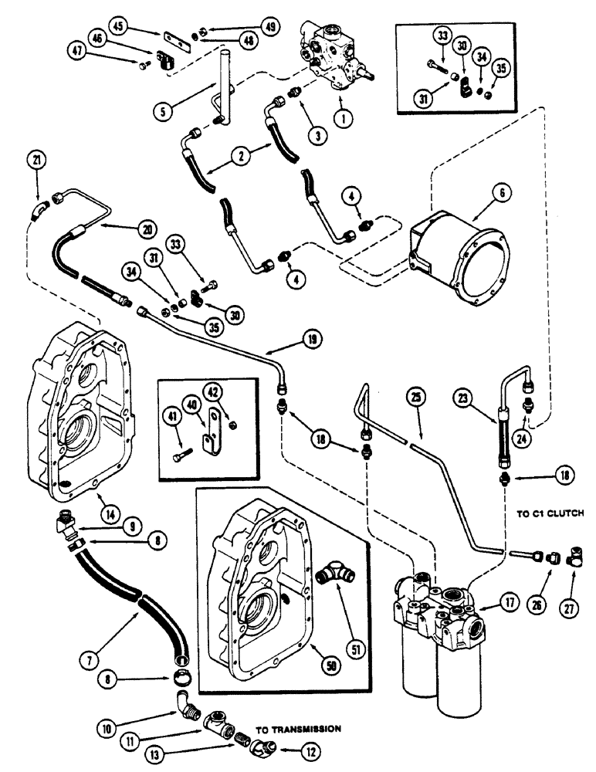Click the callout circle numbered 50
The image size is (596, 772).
coord(336,676)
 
